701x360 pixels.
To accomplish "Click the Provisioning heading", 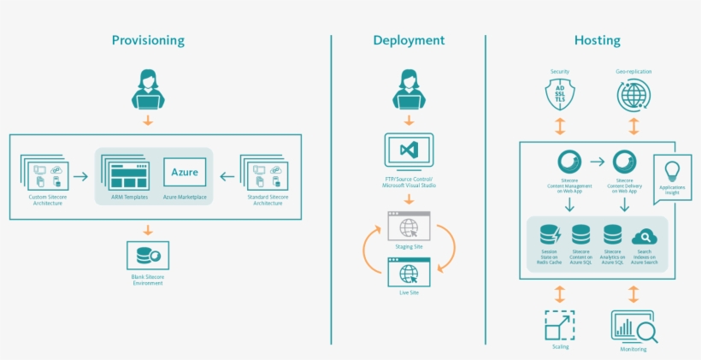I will pos(148,40).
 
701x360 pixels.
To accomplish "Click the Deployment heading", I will pos(409,40).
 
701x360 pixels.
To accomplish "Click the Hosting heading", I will pos(597,40).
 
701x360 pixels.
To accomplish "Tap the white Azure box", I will pos(185,173).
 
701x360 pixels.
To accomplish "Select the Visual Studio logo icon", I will pos(409,150).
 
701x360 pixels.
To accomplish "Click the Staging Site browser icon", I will pos(409,227).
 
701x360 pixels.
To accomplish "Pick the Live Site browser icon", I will pos(409,272).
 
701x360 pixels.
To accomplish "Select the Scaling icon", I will pos(560,325).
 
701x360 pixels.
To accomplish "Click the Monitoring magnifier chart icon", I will pos(633,327).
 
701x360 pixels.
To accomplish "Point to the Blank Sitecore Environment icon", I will pos(148,256).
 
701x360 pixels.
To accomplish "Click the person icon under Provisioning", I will pos(148,90).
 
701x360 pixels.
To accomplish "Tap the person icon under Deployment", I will pos(409,90).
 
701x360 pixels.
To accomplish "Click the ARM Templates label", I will pos(131,198).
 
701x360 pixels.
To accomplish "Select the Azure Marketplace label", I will pos(185,198).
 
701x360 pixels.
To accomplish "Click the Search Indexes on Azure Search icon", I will pos(643,237).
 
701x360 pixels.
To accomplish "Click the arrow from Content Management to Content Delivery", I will pos(597,161).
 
